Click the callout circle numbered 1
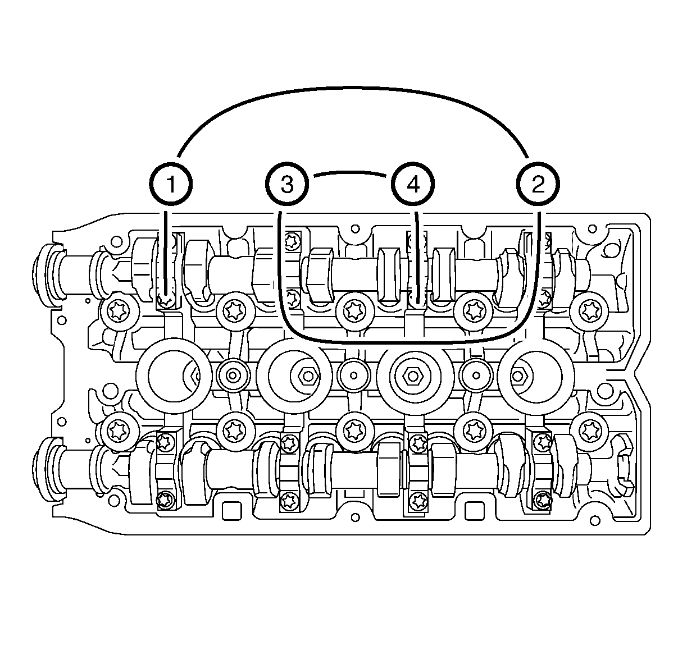[x=171, y=184]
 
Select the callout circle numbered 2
[x=538, y=184]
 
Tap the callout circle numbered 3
[x=287, y=184]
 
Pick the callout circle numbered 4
[x=413, y=184]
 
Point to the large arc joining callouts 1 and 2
[x=353, y=88]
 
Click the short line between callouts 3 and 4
[x=350, y=172]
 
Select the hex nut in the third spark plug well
[x=413, y=376]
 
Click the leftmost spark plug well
[x=174, y=376]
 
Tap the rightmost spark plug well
[x=536, y=376]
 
